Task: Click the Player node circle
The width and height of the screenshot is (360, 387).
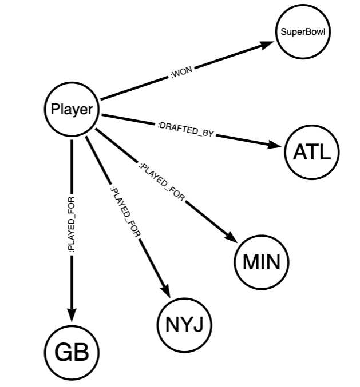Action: point(72,109)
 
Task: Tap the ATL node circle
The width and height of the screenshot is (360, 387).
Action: point(312,153)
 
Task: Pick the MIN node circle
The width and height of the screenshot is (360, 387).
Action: point(262,262)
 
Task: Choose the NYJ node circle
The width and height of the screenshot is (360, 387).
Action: point(184,325)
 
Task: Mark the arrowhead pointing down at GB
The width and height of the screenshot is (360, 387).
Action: point(72,316)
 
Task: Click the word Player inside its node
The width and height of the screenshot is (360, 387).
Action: point(72,109)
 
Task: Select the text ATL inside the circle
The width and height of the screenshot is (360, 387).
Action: point(312,153)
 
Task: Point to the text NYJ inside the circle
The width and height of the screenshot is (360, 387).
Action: point(184,325)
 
